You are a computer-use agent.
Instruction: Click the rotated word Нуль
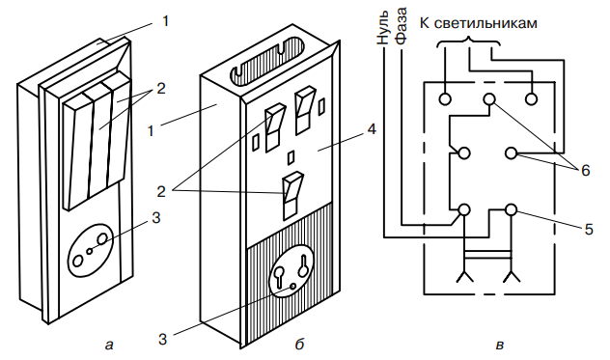(383, 26)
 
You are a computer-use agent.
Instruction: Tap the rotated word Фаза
(401, 25)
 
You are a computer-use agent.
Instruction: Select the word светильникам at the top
(485, 23)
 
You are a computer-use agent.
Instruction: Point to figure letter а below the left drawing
(109, 345)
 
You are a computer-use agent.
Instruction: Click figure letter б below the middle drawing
(299, 344)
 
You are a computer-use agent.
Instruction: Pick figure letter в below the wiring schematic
(500, 346)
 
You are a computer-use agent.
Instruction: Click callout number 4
(372, 129)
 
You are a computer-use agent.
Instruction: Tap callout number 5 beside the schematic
(589, 230)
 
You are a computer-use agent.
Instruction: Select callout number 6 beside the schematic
(586, 171)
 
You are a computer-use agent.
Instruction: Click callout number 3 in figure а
(156, 218)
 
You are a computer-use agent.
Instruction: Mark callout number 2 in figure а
(160, 89)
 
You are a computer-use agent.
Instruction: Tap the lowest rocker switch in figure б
(291, 196)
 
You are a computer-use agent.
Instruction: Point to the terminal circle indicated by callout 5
(512, 210)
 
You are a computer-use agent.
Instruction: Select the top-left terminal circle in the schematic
(445, 98)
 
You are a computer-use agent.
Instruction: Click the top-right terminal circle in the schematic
(532, 98)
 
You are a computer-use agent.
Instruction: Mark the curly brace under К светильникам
(468, 42)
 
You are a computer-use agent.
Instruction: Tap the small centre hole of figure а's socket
(90, 251)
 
